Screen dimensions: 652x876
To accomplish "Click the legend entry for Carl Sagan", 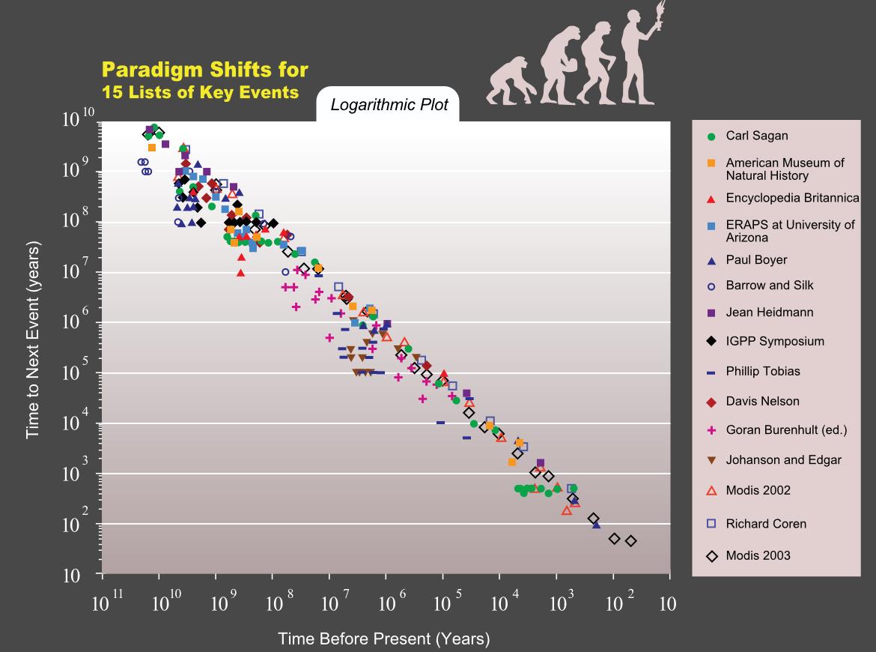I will pyautogui.click(x=756, y=136).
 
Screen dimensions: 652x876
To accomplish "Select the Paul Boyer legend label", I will pyautogui.click(x=756, y=260).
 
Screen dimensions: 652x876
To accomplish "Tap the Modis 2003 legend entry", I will pyautogui.click(x=758, y=555).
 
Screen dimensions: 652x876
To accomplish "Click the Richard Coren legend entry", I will pyautogui.click(x=766, y=524).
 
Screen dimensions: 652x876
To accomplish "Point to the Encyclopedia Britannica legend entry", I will pyautogui.click(x=792, y=199).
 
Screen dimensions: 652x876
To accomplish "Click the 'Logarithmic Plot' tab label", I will pyautogui.click(x=389, y=105).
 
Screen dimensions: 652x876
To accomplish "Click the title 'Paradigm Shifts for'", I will pyautogui.click(x=204, y=70).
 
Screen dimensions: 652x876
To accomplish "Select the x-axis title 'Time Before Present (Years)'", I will pyautogui.click(x=383, y=639).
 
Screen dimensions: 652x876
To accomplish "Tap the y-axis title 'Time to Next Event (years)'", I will pyautogui.click(x=32, y=339).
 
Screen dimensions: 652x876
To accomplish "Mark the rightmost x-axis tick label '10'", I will pyautogui.click(x=667, y=605).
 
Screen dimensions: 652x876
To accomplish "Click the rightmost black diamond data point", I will pyautogui.click(x=630, y=541).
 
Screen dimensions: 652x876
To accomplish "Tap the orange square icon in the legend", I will pyautogui.click(x=711, y=163).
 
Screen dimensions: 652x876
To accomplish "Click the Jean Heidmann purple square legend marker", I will pyautogui.click(x=711, y=313).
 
